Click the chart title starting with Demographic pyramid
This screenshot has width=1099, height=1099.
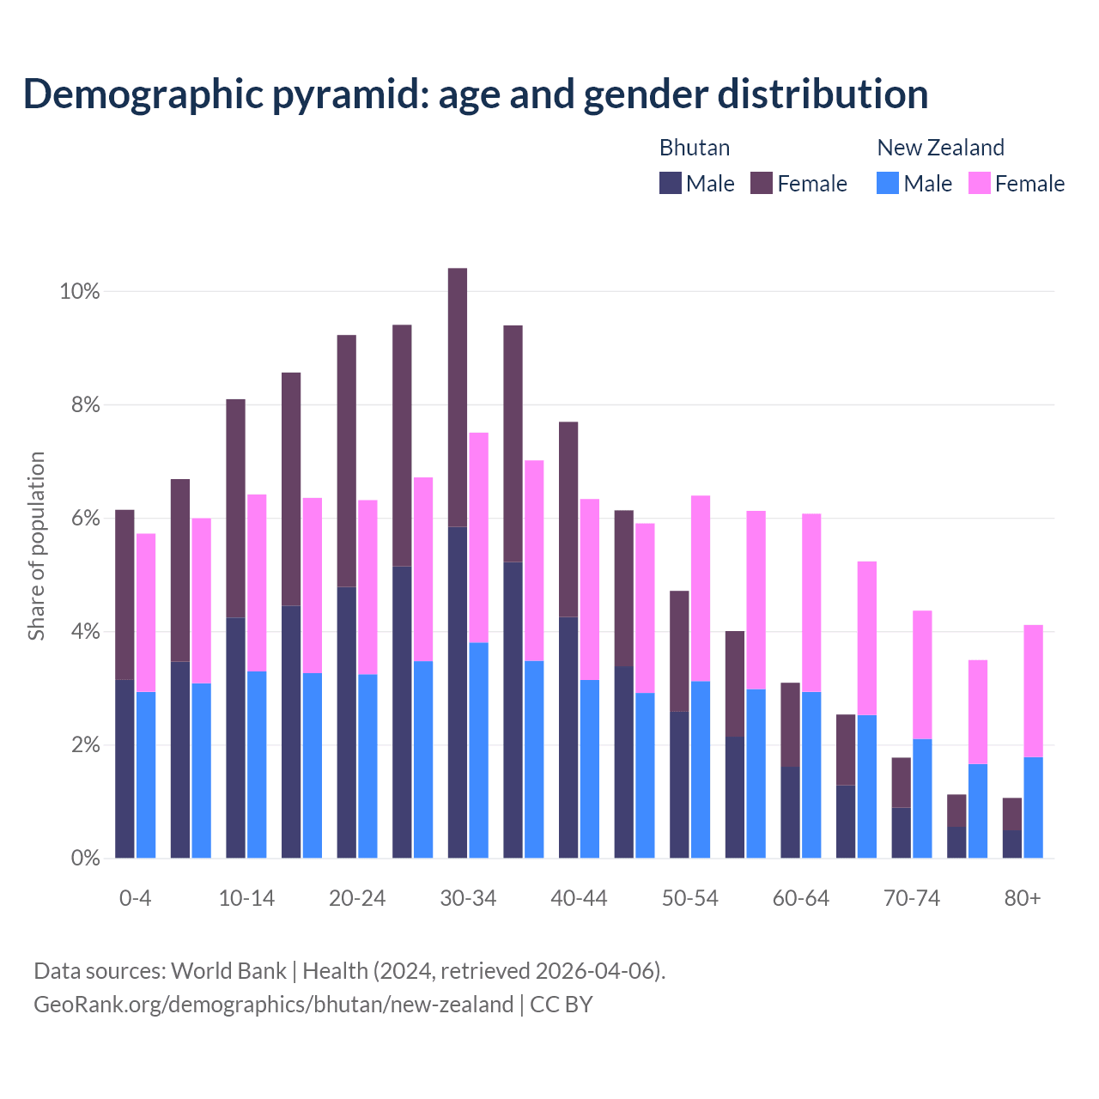click(x=475, y=94)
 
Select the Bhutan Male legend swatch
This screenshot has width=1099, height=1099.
click(x=671, y=183)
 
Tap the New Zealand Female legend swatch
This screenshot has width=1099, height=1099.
click(x=979, y=183)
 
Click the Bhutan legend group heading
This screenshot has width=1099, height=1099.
click(x=694, y=148)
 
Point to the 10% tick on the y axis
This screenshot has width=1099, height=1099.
click(x=80, y=292)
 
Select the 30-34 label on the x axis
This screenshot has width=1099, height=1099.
click(x=468, y=898)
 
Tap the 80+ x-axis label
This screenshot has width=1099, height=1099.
click(x=1022, y=898)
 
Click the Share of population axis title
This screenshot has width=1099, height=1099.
click(x=36, y=546)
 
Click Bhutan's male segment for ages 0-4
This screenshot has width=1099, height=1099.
click(x=124, y=768)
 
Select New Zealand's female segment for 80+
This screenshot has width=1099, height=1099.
click(x=1034, y=691)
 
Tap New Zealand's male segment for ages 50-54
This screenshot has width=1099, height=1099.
click(x=701, y=769)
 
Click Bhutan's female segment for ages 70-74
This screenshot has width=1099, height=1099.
click(x=901, y=782)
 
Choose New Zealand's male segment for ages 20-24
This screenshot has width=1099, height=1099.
click(x=367, y=766)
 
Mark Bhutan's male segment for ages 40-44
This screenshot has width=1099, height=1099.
click(x=568, y=737)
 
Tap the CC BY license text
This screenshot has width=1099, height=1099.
click(x=562, y=1005)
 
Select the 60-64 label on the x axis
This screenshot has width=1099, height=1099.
click(x=801, y=898)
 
